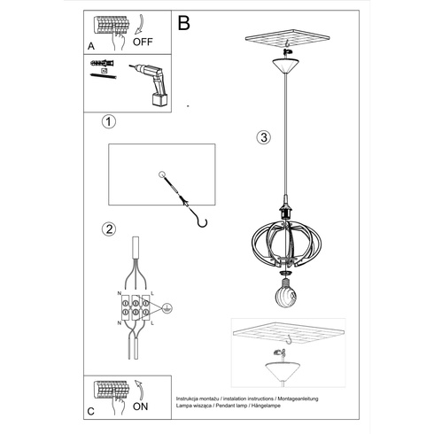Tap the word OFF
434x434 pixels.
pos(143,41)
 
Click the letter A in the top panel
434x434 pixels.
pos(92,44)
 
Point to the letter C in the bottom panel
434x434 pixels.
pos(92,414)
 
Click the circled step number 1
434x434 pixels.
pos(108,122)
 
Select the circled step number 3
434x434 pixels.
pos(263,137)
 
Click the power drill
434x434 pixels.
pos(151,84)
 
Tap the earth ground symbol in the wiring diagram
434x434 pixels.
pos(168,308)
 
